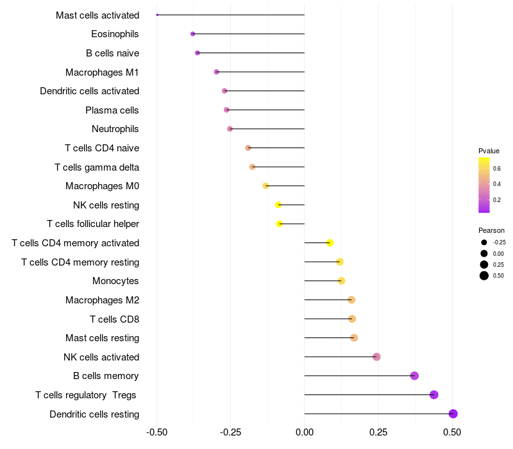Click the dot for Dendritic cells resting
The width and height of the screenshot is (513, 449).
pos(453,414)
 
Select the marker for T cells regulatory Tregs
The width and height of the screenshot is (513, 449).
pos(434,394)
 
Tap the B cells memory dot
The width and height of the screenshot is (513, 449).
pos(414,376)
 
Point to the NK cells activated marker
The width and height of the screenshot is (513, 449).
pos(376,357)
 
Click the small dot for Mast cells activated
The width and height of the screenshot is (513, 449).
pos(157,15)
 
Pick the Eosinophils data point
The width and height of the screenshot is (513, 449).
pos(192,34)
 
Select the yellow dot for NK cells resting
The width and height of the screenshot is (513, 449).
pos(278,205)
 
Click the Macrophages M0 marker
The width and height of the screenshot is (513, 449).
pos(265,186)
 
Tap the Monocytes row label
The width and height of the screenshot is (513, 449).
pos(115,281)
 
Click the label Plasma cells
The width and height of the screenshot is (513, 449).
pos(112,110)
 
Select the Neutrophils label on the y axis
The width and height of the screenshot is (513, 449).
pos(115,129)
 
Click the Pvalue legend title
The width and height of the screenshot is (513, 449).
pos(489,151)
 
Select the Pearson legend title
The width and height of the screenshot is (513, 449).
pos(491,230)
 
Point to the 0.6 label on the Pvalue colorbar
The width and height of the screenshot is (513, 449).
pos(497,169)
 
